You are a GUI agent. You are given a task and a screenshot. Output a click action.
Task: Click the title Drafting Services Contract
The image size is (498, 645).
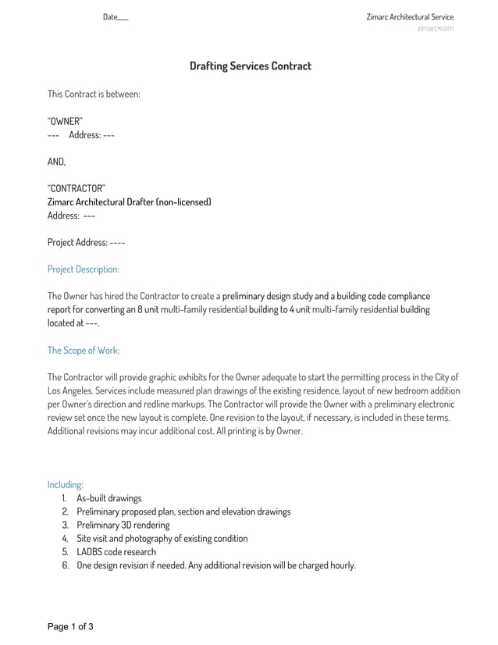250,66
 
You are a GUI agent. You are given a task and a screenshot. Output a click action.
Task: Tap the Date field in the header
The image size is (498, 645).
115,17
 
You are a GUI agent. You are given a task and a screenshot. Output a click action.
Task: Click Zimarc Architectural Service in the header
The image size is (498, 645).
409,17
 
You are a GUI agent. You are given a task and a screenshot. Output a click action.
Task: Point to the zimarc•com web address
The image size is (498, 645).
435,29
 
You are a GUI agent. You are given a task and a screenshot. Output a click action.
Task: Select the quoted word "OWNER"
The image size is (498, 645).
65,121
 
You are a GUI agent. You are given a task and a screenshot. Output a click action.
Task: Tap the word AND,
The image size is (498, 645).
57,162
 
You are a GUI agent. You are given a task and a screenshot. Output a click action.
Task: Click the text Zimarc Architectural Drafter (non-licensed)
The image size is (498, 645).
129,202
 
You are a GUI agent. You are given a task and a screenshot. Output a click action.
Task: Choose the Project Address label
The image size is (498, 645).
77,242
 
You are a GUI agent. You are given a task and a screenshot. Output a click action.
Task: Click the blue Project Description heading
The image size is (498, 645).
84,269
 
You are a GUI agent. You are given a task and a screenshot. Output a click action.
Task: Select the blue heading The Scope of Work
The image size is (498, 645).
84,350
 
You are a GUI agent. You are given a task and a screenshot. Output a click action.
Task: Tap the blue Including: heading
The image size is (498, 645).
66,484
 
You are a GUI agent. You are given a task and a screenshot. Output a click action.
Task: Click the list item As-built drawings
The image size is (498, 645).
109,498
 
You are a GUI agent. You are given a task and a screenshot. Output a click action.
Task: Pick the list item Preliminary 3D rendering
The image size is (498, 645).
123,525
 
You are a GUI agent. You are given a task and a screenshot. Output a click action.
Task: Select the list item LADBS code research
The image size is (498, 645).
116,552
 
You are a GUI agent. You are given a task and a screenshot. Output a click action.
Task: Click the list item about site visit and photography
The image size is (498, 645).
162,539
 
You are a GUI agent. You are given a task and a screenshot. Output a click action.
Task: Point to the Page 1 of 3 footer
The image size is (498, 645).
70,626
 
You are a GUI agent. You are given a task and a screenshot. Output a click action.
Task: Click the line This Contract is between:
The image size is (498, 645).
94,94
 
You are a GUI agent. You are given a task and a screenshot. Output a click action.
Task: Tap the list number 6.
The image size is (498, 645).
66,565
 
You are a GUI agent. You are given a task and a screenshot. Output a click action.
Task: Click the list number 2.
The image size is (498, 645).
66,511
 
